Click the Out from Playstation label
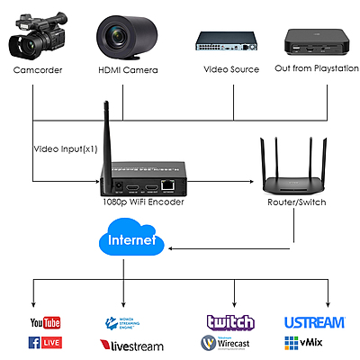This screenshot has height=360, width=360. [311, 69]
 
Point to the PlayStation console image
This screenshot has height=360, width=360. [312, 40]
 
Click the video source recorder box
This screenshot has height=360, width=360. [229, 40]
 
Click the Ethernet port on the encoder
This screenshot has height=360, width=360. [168, 185]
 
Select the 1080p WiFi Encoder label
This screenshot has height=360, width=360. [143, 202]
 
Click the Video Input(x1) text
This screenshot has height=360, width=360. [65, 148]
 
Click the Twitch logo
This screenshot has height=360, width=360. [230, 322]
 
